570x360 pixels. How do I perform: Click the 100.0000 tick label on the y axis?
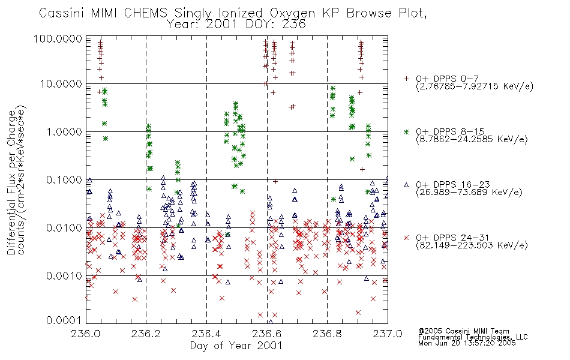[x=58, y=38]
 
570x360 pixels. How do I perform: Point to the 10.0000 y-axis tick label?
[x=61, y=84]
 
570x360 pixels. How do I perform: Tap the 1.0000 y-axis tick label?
[x=64, y=131]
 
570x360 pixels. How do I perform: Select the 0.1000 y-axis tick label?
[x=64, y=179]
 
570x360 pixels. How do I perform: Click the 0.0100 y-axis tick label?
[x=64, y=227]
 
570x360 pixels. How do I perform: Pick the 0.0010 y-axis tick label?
[x=64, y=275]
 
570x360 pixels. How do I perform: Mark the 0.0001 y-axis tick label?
[x=64, y=320]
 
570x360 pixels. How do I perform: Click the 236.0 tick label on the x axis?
[x=85, y=334]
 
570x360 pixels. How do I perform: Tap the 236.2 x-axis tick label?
[x=146, y=334]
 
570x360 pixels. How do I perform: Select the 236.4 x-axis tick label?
[x=206, y=334]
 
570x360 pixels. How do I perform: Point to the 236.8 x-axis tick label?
[x=327, y=334]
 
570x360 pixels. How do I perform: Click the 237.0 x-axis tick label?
[x=388, y=334]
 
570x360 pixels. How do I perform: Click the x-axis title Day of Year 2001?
[x=236, y=346]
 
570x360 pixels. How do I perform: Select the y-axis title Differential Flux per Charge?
[x=11, y=182]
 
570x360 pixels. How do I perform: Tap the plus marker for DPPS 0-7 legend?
[x=406, y=79]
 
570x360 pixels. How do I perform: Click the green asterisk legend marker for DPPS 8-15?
[x=406, y=131]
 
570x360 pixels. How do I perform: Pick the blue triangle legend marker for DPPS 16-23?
[x=406, y=185]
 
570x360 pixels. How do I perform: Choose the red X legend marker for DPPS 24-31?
[x=406, y=238]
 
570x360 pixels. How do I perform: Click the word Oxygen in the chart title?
[x=293, y=13]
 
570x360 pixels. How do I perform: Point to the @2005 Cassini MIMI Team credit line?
[x=463, y=331]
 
